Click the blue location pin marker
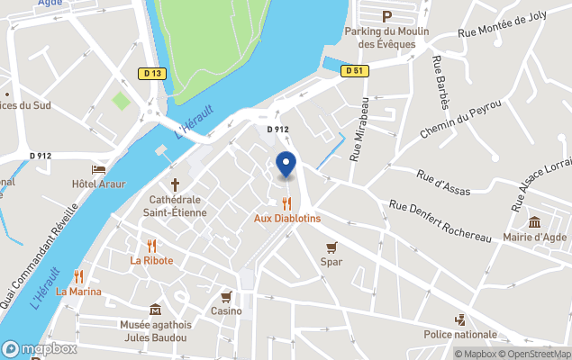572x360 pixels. point(286,166)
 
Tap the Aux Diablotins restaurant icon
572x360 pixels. point(286,203)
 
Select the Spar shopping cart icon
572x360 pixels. point(331,247)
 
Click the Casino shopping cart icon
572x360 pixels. point(226,296)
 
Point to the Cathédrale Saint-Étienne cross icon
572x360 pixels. point(175,184)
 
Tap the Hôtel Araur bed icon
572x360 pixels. point(98,169)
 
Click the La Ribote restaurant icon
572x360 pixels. point(151,245)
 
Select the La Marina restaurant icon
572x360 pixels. point(78,276)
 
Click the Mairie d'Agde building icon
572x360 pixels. point(534,222)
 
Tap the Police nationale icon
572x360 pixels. point(460,319)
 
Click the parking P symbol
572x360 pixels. point(386,16)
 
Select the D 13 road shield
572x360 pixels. point(151,73)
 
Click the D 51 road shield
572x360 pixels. point(355,71)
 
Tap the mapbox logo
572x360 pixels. point(40,348)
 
